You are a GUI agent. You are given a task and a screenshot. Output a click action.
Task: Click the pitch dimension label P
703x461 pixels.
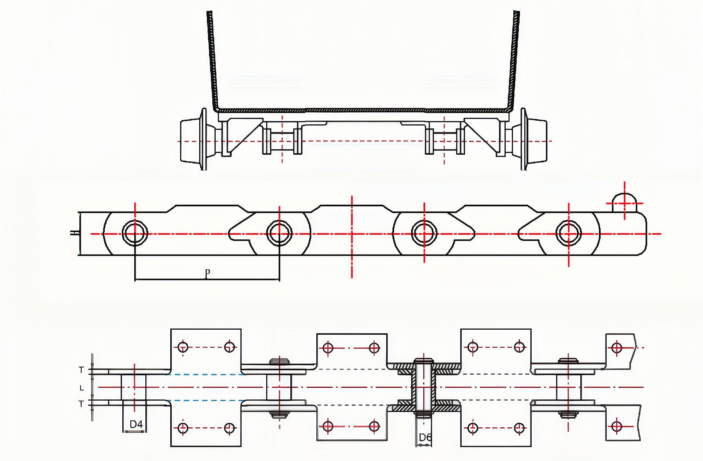[x=208, y=273]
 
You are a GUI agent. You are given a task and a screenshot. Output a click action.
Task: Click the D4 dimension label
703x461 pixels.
[x=136, y=424]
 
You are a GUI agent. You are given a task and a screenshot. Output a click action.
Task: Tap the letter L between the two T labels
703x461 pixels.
[x=82, y=388]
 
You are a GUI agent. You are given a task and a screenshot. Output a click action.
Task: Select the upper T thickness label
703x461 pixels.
[x=81, y=370]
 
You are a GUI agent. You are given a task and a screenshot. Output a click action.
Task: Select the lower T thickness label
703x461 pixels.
[x=81, y=404]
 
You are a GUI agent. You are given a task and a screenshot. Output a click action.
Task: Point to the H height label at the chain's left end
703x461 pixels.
[x=74, y=233]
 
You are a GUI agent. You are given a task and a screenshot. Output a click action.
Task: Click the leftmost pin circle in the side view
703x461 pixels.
[x=135, y=233]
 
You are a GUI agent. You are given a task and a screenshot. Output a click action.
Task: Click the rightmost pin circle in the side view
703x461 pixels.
[x=568, y=233]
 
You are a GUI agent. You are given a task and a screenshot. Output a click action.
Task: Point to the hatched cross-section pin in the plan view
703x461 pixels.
[x=424, y=387]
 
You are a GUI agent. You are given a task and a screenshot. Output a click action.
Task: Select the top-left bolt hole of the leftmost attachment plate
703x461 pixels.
[x=183, y=347]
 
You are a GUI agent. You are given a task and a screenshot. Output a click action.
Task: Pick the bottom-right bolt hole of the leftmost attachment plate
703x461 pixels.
[x=229, y=428]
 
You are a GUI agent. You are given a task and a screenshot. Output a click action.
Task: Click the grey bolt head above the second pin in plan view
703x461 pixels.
[x=279, y=361]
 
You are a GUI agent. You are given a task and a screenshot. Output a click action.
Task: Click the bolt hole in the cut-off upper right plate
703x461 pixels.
[x=617, y=347]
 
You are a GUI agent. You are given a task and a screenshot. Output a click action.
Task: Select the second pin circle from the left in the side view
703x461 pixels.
[x=279, y=233]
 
